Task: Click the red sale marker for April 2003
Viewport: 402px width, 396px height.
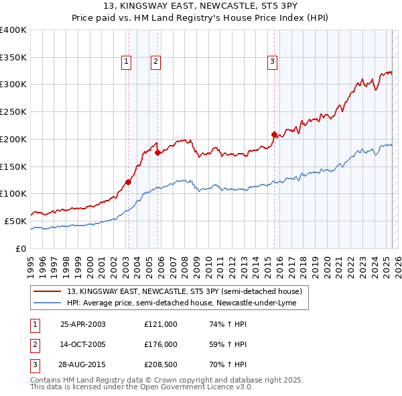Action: [x=128, y=181]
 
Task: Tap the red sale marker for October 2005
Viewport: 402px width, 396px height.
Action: [x=157, y=152]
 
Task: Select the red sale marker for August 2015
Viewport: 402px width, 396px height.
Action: [x=274, y=134]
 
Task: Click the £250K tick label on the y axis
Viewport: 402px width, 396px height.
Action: [x=13, y=111]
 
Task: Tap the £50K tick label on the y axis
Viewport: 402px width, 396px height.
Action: [x=15, y=221]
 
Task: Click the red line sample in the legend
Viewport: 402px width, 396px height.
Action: [x=46, y=291]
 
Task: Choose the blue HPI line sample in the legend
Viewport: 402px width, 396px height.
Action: [x=46, y=303]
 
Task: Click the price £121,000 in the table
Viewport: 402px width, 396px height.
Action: [x=161, y=324]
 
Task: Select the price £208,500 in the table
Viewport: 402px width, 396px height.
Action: [x=161, y=364]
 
